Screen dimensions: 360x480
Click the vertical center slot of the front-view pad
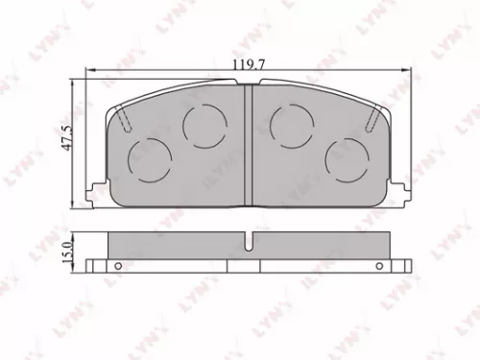[248, 144]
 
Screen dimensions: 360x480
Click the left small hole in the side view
[118, 266]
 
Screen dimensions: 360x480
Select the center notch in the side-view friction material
[248, 243]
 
